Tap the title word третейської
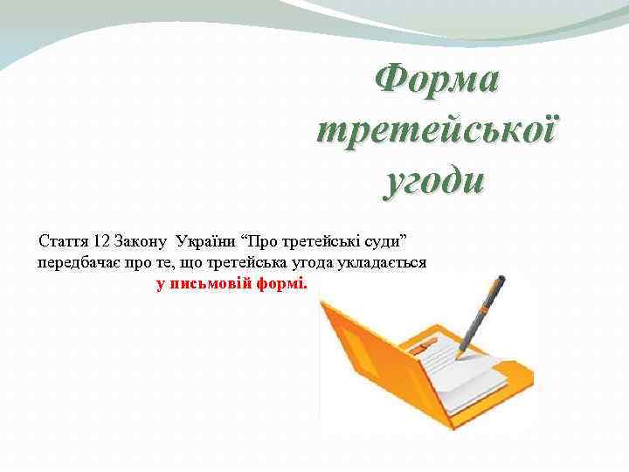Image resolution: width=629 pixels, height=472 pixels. coord(437,133)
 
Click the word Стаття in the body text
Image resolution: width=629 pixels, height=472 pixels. coord(62,239)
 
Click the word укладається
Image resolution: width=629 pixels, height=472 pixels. coord(386,262)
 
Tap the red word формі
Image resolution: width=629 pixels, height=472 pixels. coord(282,283)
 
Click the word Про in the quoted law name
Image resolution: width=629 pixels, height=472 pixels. coord(264,239)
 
